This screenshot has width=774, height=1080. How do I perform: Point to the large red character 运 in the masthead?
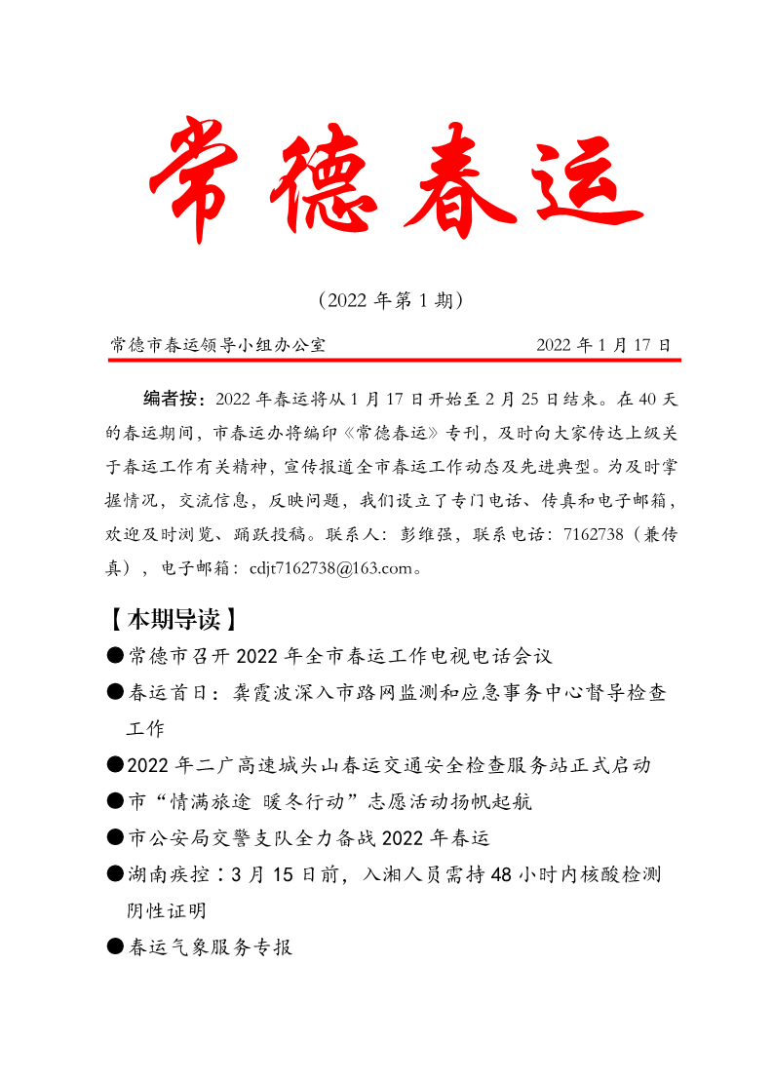(580, 180)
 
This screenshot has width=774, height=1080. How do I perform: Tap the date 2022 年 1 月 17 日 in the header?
(603, 345)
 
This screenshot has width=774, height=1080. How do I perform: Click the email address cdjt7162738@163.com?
(331, 567)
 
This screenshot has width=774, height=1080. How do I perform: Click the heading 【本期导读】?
(173, 620)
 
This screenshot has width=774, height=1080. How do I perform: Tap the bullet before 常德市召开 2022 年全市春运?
(115, 655)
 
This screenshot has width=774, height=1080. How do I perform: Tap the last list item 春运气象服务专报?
(210, 946)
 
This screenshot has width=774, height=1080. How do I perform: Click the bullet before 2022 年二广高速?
(115, 766)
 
